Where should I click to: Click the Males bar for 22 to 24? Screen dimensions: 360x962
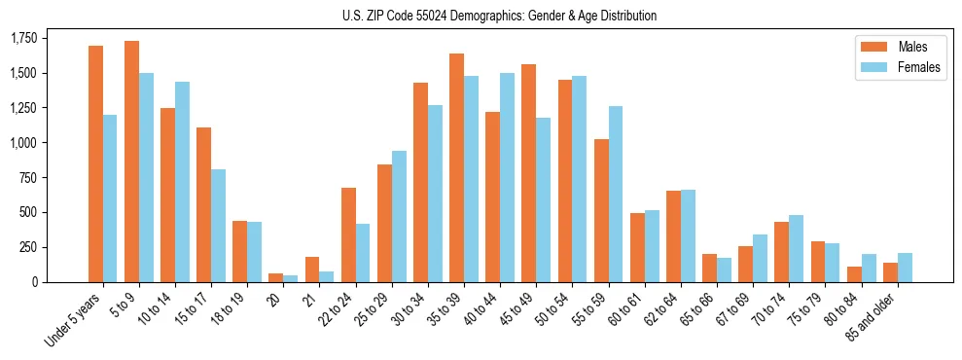(x=348, y=234)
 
